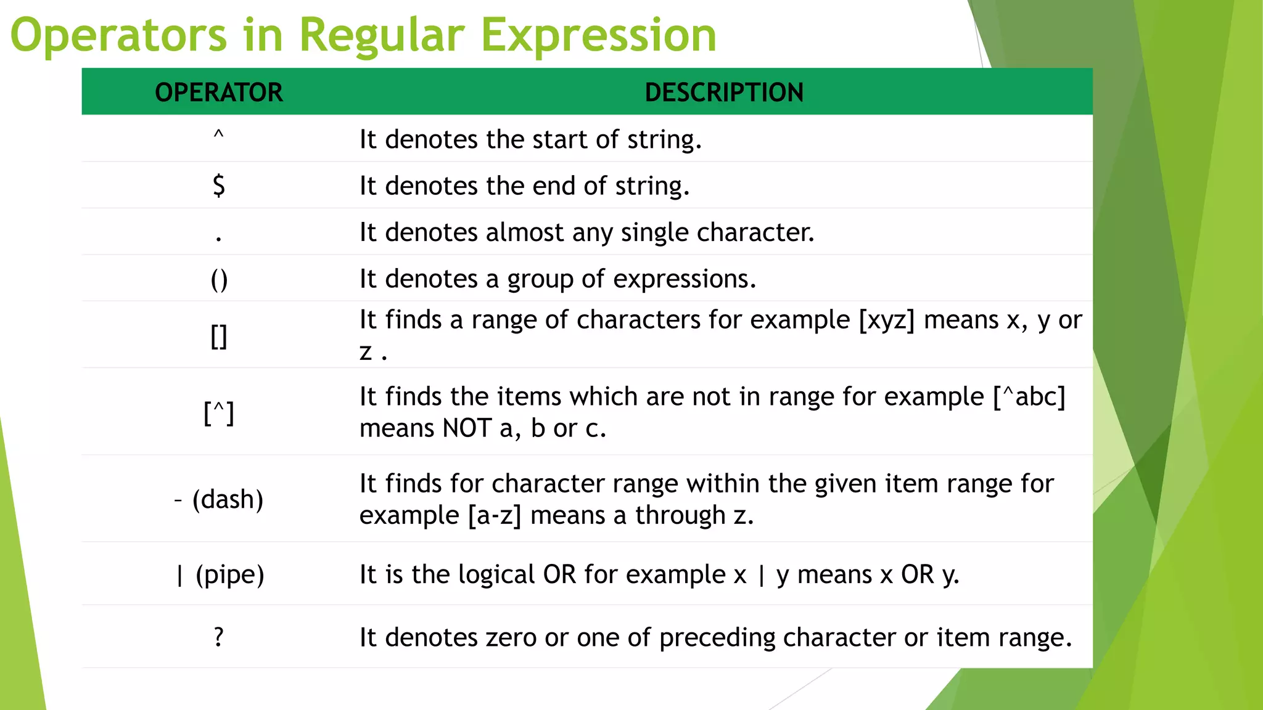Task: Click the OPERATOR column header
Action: coord(219,92)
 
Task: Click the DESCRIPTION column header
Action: coord(724,92)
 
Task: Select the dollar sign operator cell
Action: coord(219,186)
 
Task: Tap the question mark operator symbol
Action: coord(219,637)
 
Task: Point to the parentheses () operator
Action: coord(219,279)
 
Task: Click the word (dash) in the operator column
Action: coord(228,499)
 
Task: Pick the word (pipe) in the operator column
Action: coord(230,574)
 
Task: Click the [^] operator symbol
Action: coord(219,412)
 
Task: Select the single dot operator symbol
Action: coord(219,237)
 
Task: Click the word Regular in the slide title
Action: coord(381,35)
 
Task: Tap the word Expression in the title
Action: coord(598,35)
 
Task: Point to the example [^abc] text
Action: coord(1029,397)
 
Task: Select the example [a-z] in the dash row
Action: coord(495,515)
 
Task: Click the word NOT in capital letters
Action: coord(467,428)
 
